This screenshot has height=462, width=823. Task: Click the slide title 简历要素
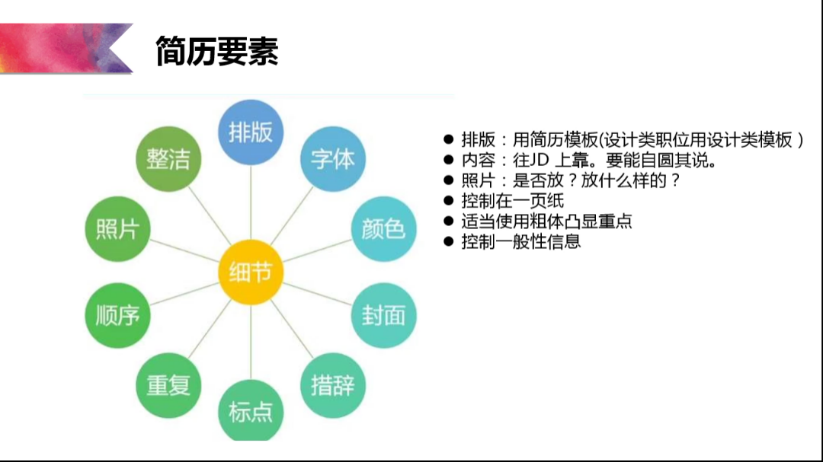(216, 52)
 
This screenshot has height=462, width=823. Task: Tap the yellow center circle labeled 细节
(251, 272)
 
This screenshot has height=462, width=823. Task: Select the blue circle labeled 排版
(251, 132)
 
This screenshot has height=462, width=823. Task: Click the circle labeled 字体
(333, 159)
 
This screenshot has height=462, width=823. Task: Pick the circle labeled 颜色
(383, 228)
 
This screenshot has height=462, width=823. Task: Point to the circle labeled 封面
(383, 315)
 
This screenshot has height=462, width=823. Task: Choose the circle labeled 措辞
(333, 385)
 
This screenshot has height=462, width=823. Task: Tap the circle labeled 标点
(251, 411)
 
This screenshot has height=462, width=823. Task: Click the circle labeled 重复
(168, 385)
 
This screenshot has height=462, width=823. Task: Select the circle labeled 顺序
(117, 315)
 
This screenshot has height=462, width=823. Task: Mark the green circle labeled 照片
(117, 228)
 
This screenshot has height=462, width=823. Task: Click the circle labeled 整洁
(168, 159)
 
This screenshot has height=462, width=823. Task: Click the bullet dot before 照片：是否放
(448, 180)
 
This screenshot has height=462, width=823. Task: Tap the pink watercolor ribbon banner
(66, 48)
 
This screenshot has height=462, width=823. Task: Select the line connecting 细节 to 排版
(251, 202)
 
